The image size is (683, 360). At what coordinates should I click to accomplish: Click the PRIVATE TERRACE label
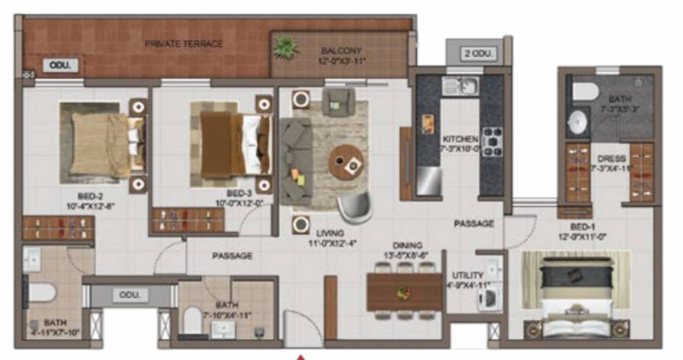(x=184, y=43)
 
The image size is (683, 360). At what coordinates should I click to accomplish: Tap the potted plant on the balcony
(x=285, y=48)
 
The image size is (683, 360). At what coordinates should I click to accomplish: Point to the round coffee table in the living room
(x=346, y=162)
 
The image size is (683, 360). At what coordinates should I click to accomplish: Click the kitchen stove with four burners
(x=492, y=142)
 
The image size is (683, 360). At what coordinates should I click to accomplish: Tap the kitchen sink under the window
(x=460, y=86)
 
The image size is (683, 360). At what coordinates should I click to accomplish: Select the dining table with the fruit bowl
(x=404, y=292)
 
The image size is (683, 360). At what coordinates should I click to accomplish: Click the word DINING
(x=407, y=245)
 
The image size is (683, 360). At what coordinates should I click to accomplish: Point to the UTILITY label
(x=467, y=275)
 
